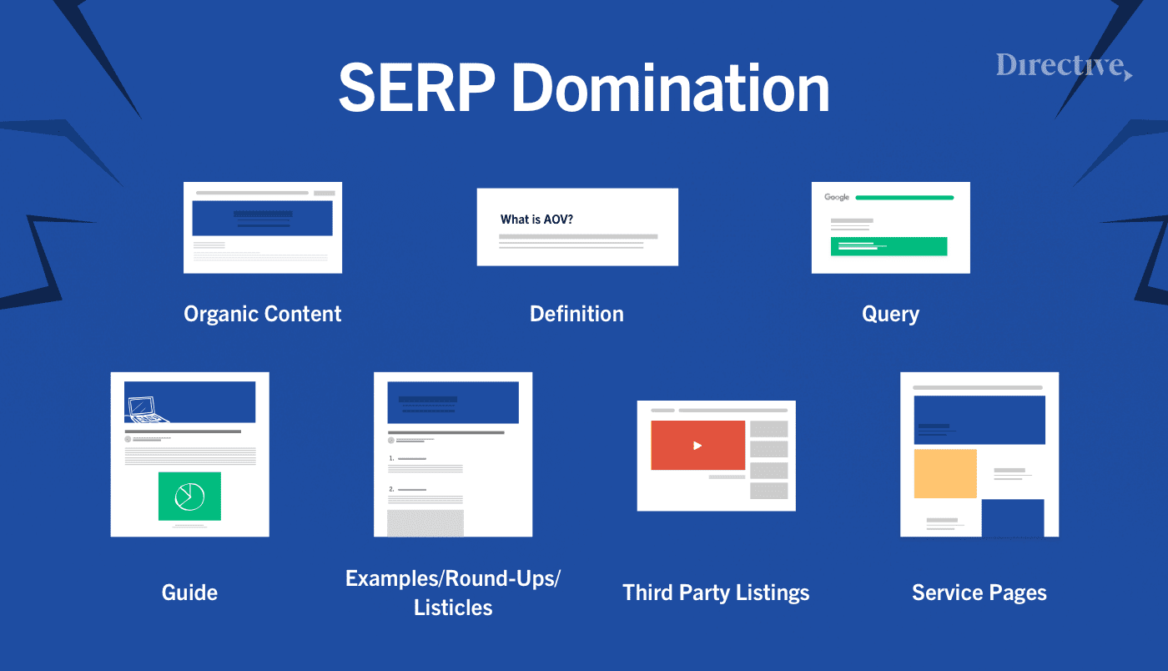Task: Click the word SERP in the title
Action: pyautogui.click(x=415, y=88)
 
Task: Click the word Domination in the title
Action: pyautogui.click(x=671, y=88)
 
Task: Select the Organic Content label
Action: pyautogui.click(x=263, y=315)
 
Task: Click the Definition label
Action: pyautogui.click(x=576, y=315)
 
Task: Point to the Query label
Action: pyautogui.click(x=890, y=315)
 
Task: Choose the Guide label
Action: pyautogui.click(x=189, y=593)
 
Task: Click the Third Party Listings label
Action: pyautogui.click(x=716, y=593)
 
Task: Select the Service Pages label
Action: pyautogui.click(x=979, y=593)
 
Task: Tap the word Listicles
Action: pyautogui.click(x=453, y=608)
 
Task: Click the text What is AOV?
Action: pyautogui.click(x=536, y=219)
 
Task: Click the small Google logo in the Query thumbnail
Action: pyautogui.click(x=837, y=198)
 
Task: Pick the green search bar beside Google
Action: pyautogui.click(x=904, y=198)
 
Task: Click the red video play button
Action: pyautogui.click(x=697, y=445)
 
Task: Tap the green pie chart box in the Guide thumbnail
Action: pyautogui.click(x=189, y=496)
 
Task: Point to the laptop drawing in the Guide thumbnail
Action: pyautogui.click(x=149, y=408)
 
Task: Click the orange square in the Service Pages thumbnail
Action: pyautogui.click(x=945, y=473)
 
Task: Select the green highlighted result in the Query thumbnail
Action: pyautogui.click(x=889, y=246)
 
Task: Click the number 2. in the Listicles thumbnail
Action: pyautogui.click(x=391, y=489)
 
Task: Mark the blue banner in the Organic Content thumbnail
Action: pyautogui.click(x=263, y=218)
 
